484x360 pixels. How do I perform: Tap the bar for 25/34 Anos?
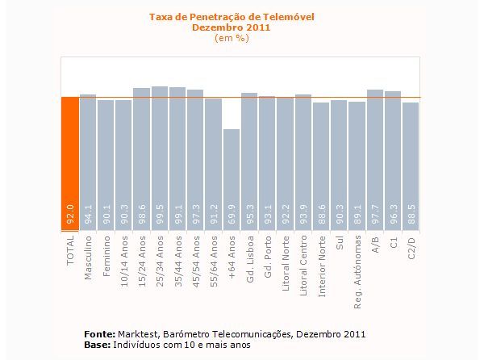(x=159, y=145)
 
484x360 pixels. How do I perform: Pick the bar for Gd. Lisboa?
(x=248, y=149)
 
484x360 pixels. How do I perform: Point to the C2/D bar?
(x=411, y=153)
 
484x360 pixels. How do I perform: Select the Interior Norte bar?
(x=320, y=153)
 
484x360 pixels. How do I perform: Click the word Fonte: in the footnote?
(x=100, y=333)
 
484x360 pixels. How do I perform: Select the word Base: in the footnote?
(x=98, y=345)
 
